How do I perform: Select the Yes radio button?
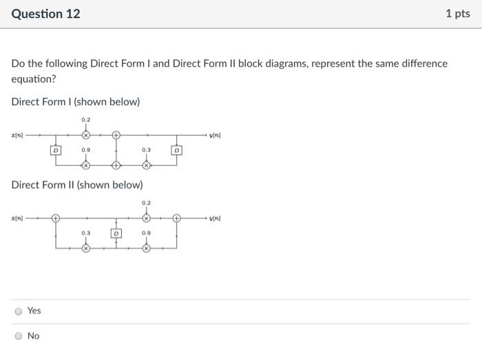coord(18,311)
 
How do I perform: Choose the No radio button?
coord(18,336)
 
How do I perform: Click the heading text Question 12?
coord(45,14)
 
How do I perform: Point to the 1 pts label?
coord(457,14)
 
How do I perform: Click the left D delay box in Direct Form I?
coord(56,149)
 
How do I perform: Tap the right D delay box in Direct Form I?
coord(177,149)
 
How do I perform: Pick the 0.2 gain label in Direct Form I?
coord(85,120)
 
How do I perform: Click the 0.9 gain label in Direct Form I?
coord(85,149)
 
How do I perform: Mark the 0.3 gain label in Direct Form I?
coord(146,149)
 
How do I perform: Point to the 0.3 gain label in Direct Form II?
coord(85,234)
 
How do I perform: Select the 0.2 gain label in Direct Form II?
coord(146,203)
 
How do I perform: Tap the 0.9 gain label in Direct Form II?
coord(146,234)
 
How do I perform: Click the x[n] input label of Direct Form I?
coord(17,135)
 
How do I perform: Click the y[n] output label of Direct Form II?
coord(215,219)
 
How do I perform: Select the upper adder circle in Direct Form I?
coord(116,135)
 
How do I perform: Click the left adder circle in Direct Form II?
coord(56,219)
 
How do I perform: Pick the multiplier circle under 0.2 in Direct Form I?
coord(85,135)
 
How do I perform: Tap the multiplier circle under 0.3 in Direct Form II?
coord(85,249)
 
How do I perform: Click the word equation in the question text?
coord(34,79)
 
